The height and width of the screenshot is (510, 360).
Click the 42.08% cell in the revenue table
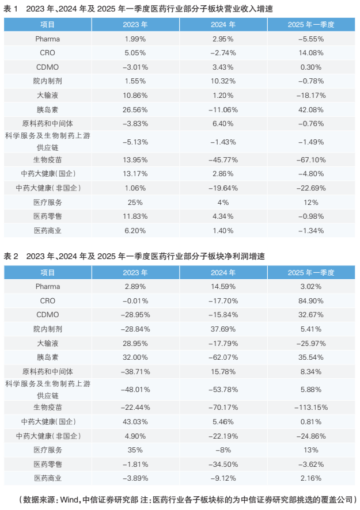coord(311,109)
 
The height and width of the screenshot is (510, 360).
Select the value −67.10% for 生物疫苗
coord(311,159)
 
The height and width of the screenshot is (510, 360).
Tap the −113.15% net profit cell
coord(311,407)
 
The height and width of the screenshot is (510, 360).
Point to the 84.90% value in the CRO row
coord(311,300)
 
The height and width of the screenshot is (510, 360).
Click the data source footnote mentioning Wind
coord(188,499)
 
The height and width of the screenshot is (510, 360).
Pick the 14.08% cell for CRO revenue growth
coord(311,53)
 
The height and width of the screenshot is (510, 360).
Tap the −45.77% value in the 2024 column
coord(223,159)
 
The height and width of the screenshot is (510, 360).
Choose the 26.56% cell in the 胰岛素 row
coord(135,109)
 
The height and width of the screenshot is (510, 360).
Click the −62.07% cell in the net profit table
coord(223,357)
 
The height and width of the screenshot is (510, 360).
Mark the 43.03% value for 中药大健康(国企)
coord(135,421)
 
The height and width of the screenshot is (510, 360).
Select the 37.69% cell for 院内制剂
coord(223,329)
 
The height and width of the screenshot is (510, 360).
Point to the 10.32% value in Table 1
coord(223,81)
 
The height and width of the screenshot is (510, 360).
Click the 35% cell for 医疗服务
coord(135,450)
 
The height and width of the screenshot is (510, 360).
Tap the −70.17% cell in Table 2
coord(223,407)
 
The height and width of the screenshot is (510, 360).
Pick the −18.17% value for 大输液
coord(311,95)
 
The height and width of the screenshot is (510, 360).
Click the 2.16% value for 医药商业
coord(311,478)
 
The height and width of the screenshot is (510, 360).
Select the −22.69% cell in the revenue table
coord(311,188)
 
